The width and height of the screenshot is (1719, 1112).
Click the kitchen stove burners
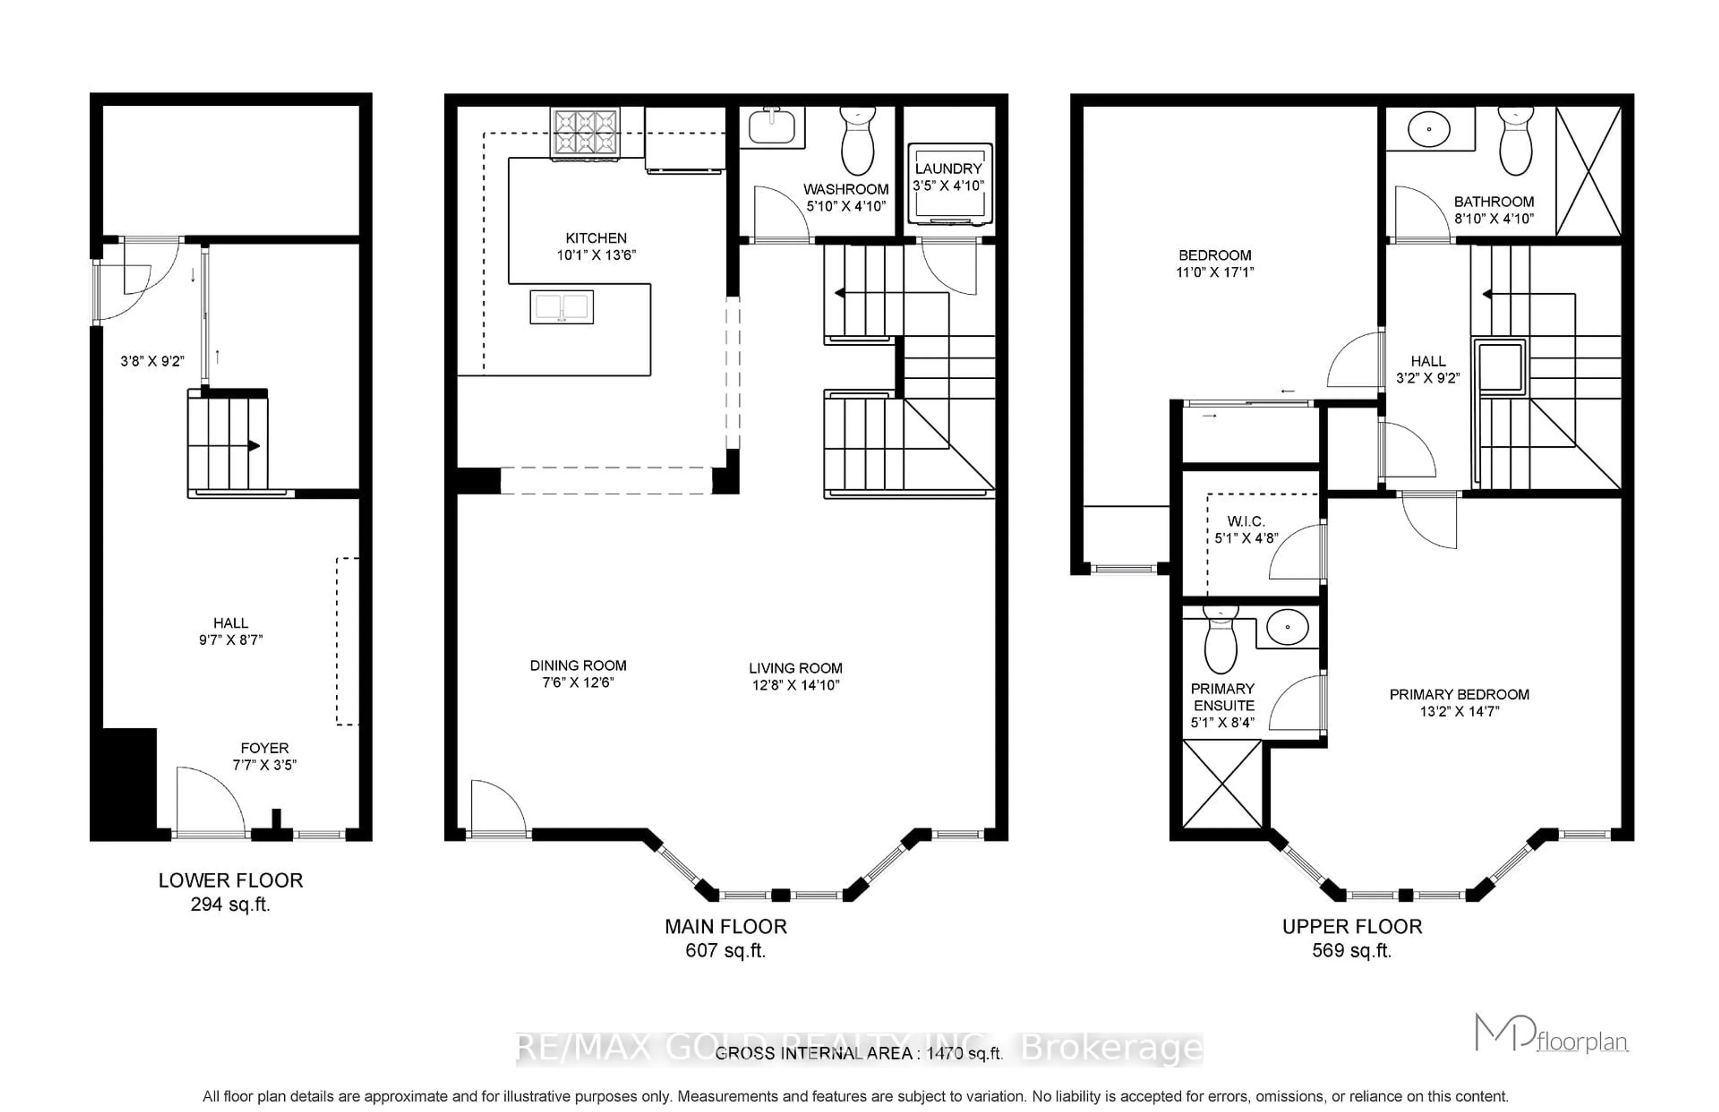click(584, 132)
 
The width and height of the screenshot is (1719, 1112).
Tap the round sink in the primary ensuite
click(1287, 627)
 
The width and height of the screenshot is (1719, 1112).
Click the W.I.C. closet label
click(1245, 522)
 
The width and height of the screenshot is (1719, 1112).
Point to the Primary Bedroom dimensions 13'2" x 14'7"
click(1458, 711)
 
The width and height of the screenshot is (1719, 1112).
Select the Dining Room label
click(577, 665)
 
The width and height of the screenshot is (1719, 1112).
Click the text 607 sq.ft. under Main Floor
click(725, 950)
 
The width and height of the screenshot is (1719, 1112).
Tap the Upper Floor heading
click(1351, 926)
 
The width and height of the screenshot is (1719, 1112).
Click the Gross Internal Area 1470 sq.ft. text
click(859, 1053)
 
